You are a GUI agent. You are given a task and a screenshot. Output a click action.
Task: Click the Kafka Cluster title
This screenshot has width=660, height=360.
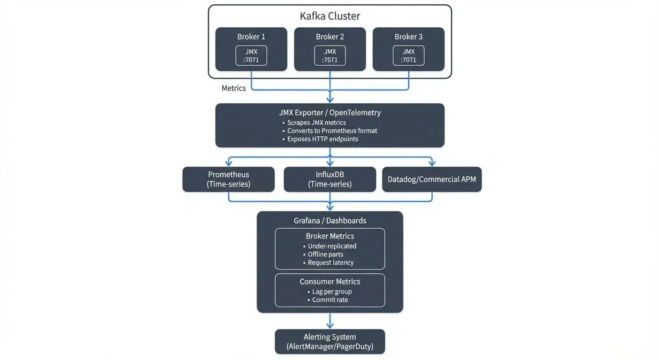(x=330, y=16)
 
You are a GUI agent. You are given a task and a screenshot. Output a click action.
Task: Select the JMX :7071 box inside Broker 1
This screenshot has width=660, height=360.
(x=251, y=55)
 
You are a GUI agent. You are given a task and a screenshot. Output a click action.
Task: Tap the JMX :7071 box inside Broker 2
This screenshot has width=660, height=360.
(x=330, y=55)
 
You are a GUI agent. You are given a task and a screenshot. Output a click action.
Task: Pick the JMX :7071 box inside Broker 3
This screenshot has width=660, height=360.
(x=409, y=55)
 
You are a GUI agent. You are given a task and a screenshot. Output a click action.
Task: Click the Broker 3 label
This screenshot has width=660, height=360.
(x=408, y=37)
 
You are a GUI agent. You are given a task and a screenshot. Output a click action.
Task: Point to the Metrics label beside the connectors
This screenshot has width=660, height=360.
(x=233, y=88)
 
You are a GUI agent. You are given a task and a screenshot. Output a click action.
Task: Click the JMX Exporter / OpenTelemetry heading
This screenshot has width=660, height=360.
(x=330, y=112)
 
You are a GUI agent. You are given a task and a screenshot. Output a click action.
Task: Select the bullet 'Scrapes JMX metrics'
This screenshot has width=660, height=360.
(x=316, y=122)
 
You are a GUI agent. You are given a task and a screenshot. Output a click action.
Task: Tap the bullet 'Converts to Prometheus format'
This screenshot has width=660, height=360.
(x=332, y=131)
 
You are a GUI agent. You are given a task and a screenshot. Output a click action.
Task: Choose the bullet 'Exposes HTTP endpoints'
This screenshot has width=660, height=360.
(x=322, y=139)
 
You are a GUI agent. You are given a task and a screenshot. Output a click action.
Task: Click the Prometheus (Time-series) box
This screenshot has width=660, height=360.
(x=228, y=179)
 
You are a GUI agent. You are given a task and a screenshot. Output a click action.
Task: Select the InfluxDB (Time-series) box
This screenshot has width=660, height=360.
(x=330, y=179)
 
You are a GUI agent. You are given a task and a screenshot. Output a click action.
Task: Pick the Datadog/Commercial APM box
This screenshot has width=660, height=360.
(x=432, y=179)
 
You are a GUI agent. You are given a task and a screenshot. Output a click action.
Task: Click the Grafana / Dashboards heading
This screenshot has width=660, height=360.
(x=330, y=220)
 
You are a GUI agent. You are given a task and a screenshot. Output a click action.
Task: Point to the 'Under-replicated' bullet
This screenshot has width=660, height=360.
(x=332, y=246)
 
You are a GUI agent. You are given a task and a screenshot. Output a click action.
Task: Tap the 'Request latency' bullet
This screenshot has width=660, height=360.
(x=330, y=262)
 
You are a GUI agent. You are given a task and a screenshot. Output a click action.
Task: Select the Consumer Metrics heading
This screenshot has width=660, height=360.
(x=330, y=282)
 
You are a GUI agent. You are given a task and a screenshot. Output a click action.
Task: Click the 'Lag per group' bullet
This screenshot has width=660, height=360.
(x=332, y=292)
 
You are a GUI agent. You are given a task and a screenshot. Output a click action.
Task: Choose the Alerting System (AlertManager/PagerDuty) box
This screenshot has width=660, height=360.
(x=330, y=342)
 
